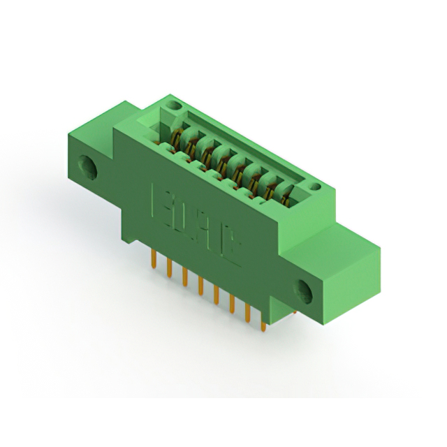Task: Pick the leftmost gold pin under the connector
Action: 153,261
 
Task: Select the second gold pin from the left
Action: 169,269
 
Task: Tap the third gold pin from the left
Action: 184,277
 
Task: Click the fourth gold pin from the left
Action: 200,285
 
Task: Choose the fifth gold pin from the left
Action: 216,293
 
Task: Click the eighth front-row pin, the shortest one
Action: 263,323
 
